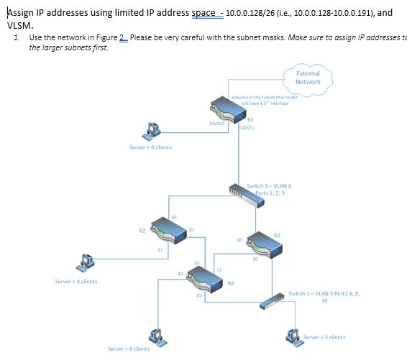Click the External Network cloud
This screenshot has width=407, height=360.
pos(308,78)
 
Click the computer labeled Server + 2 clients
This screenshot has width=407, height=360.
pos(292,335)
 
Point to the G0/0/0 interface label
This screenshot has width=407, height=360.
pos(217,123)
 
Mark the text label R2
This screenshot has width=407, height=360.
pos(142,231)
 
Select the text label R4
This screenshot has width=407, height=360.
pos(230,284)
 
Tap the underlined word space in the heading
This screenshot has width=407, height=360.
pos(203,12)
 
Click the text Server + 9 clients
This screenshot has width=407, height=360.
pos(150,147)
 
